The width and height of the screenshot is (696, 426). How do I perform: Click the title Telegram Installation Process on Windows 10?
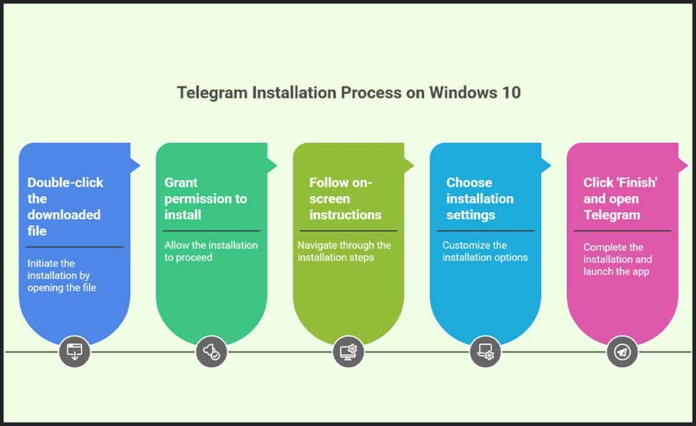349,93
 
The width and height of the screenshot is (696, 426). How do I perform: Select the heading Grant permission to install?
205,199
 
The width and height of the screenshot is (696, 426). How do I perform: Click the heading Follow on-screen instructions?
345,199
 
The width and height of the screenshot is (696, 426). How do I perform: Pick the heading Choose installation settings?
479,199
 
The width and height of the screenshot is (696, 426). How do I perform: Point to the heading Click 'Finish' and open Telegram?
620,199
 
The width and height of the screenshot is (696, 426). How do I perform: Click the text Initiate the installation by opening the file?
62,275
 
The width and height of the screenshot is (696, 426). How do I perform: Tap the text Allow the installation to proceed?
211,251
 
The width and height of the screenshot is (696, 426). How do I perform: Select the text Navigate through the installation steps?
344,251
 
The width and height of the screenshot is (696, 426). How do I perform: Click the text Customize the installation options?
485,251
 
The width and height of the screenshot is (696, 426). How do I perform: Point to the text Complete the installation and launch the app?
617,259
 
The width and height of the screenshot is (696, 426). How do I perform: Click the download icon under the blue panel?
74,352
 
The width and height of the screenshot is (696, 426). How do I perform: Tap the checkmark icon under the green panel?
211,352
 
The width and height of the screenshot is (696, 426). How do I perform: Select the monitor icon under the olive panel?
348,352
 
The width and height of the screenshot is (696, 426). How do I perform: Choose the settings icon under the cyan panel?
485,352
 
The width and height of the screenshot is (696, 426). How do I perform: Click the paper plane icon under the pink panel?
622,352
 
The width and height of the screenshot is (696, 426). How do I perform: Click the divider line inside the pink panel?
622,231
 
